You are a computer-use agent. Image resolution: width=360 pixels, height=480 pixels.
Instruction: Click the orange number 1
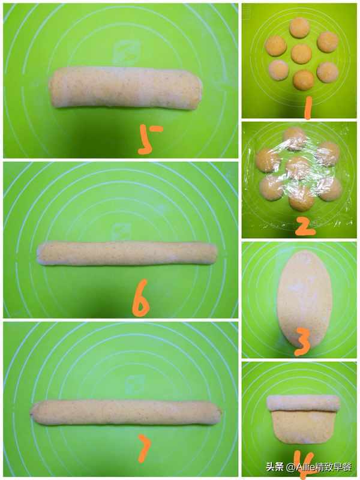click(308, 107)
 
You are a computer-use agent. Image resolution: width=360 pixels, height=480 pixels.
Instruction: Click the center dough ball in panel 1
click(302, 53)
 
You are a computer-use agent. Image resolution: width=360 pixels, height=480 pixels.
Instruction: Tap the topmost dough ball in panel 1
click(299, 27)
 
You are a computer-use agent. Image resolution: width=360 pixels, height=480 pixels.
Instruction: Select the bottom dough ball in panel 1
click(303, 80)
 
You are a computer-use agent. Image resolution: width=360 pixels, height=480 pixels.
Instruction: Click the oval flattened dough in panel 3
click(304, 299)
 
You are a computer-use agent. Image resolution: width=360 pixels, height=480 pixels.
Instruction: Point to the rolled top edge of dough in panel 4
click(304, 403)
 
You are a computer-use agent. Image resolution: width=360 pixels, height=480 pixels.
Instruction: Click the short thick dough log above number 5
click(125, 87)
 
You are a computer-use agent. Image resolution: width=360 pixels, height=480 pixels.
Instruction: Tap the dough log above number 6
click(127, 253)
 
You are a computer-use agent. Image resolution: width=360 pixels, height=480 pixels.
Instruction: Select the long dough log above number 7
click(125, 412)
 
